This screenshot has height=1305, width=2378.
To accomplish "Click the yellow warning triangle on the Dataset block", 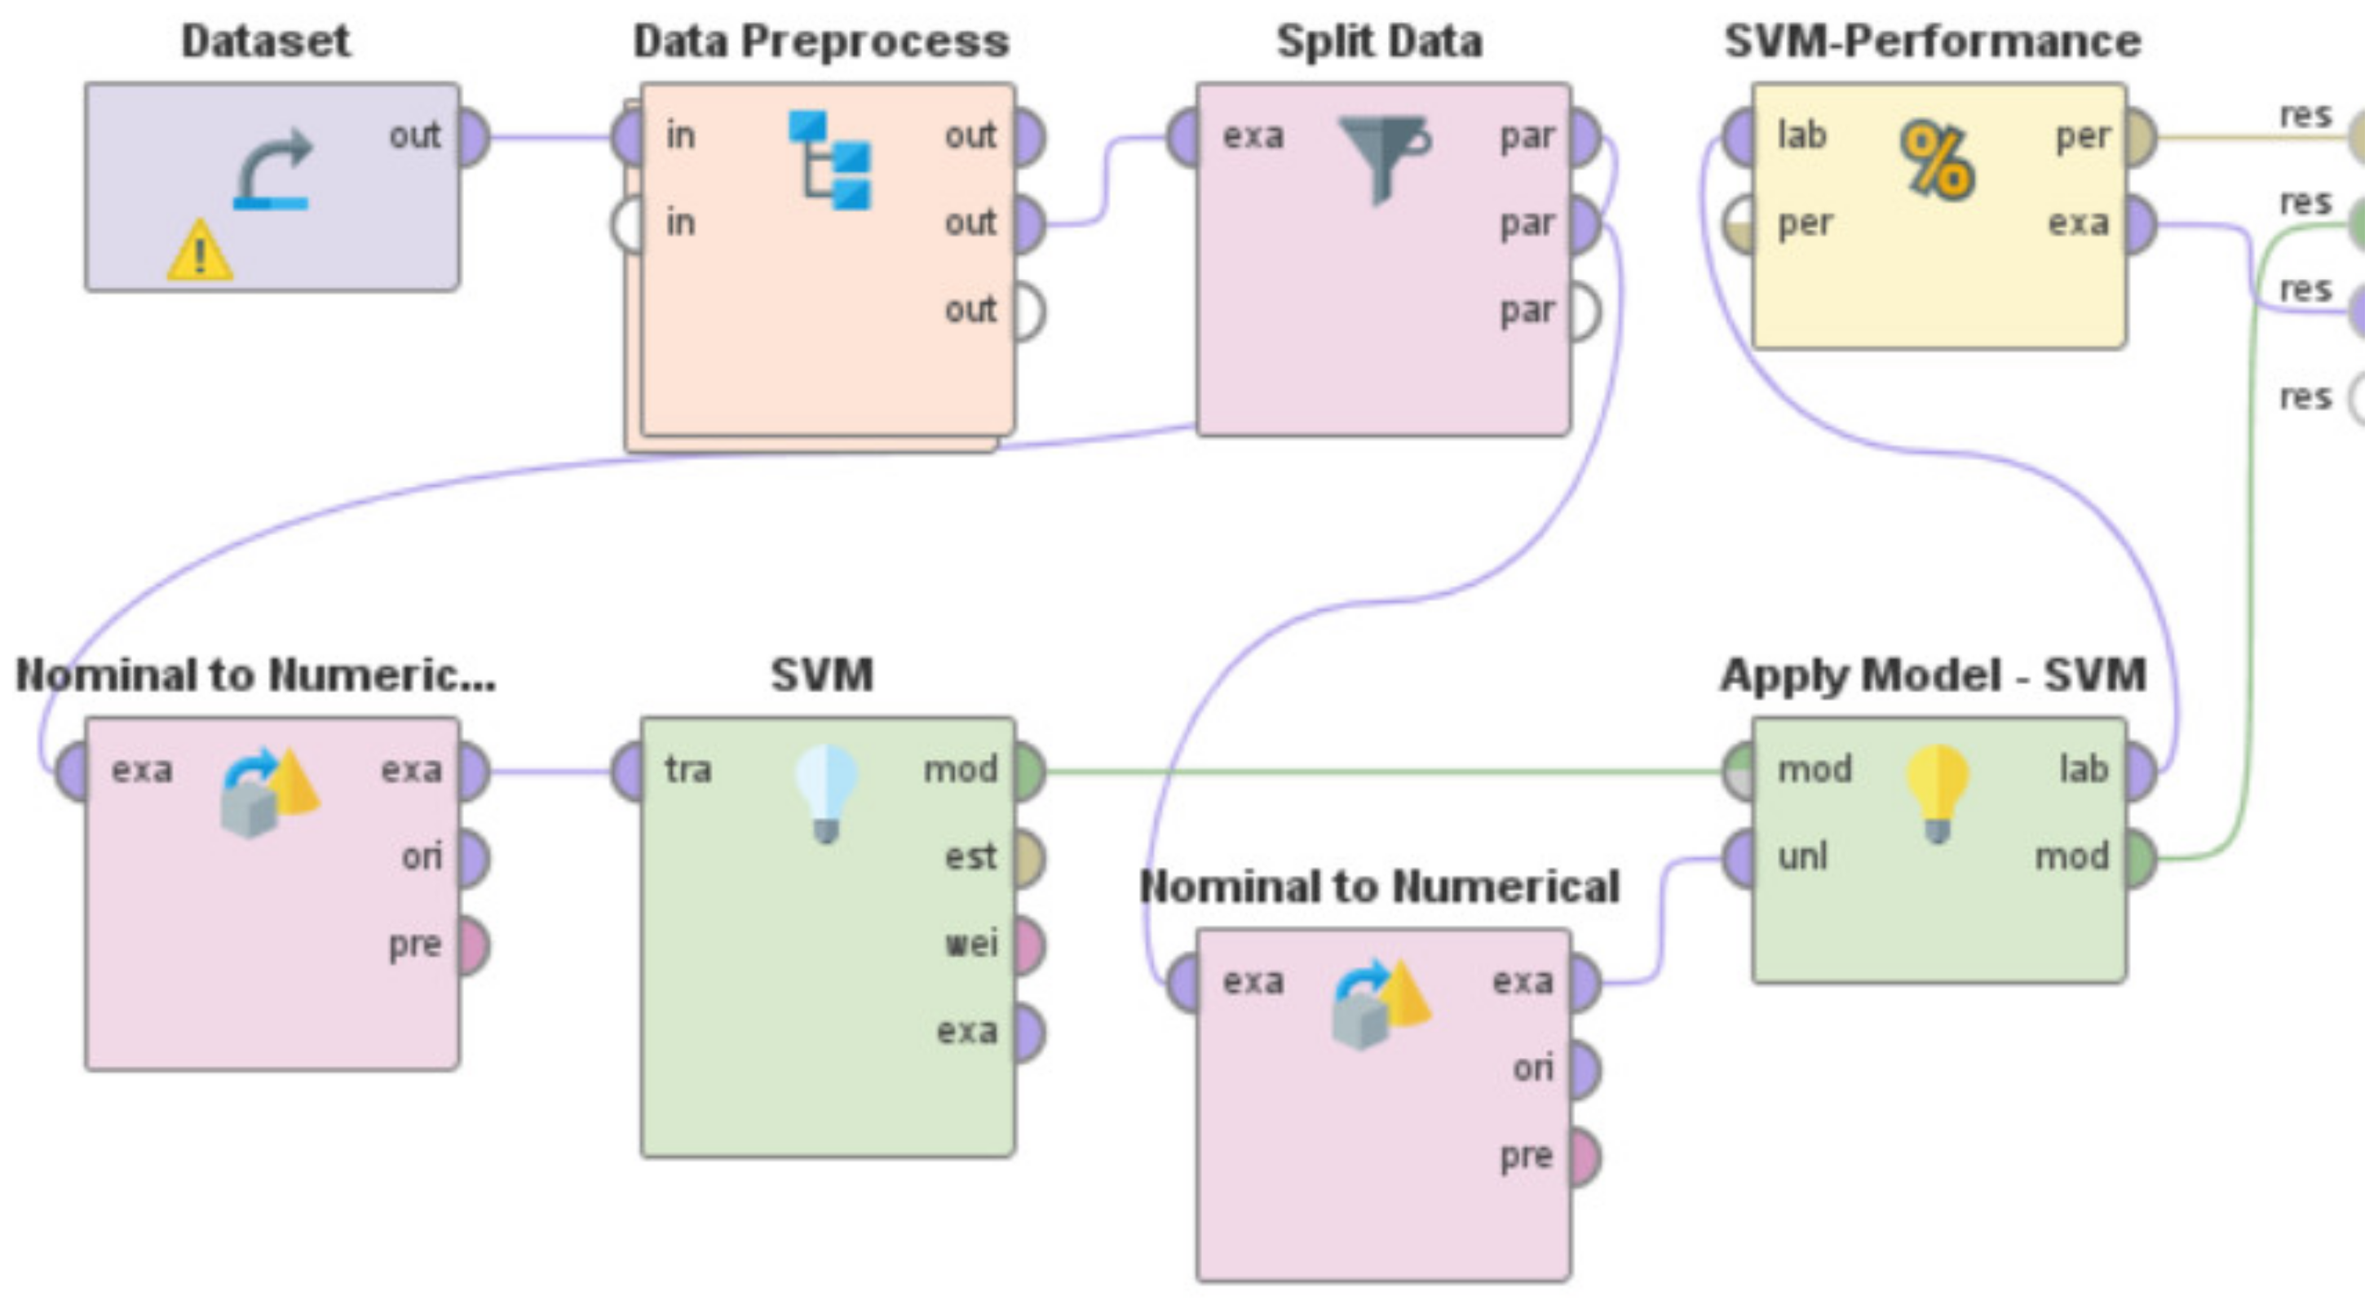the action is (200, 250).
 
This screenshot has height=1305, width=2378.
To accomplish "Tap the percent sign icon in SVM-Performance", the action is (1938, 161).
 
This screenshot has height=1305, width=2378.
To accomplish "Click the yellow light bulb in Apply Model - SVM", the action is (1938, 794).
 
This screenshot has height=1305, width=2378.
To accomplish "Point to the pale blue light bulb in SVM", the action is (826, 794).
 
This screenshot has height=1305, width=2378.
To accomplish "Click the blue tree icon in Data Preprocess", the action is (830, 160).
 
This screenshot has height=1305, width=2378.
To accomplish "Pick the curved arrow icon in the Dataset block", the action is (273, 170).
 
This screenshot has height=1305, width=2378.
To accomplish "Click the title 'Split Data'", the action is (1380, 42).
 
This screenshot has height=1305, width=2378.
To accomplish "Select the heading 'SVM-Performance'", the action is (1933, 42).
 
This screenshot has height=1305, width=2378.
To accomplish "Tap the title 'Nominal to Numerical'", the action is (1380, 887).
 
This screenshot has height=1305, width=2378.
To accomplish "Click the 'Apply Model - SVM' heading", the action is (1933, 675).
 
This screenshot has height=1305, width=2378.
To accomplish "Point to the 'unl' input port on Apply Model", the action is (1739, 859).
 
